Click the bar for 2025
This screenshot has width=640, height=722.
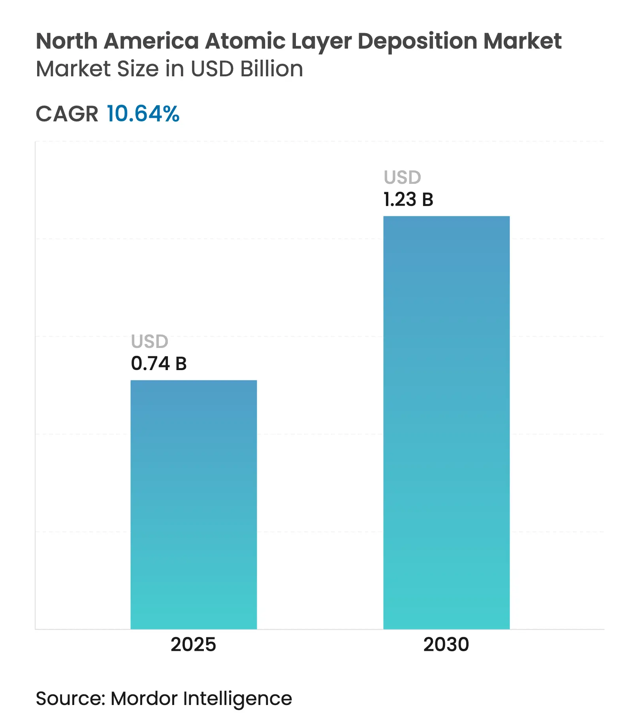[194, 504]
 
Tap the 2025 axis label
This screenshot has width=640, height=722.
[193, 645]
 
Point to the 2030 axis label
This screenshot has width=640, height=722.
[446, 645]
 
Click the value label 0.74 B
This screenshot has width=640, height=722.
[159, 364]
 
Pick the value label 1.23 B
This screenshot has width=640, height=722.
[408, 200]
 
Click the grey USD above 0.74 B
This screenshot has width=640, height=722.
[150, 342]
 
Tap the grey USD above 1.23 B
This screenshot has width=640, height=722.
[403, 178]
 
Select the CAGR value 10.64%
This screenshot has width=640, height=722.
[143, 114]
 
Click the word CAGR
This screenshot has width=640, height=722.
[67, 114]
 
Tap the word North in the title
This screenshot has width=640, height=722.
[67, 41]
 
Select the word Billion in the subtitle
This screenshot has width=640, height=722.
[272, 69]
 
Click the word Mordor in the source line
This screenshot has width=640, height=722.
[144, 698]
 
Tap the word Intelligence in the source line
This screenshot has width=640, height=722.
[237, 699]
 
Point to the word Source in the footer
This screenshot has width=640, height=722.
[70, 698]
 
